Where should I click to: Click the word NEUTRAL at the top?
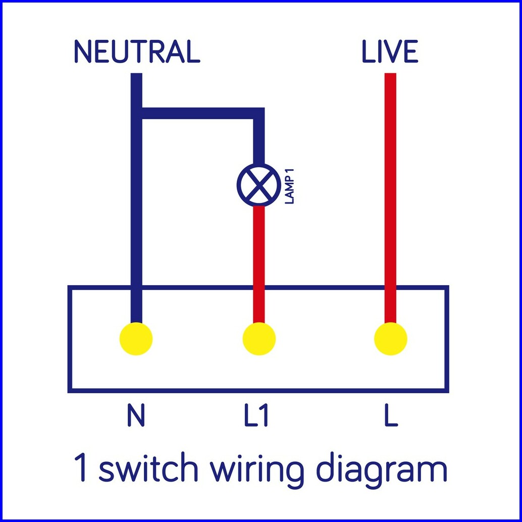coord(137,51)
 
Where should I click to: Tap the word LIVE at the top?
coord(390,51)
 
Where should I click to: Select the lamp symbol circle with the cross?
coord(258,184)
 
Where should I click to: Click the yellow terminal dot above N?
coord(136,339)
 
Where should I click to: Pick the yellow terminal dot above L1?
coord(259,339)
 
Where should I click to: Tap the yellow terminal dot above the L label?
coord(390,339)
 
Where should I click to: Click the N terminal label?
coord(136,415)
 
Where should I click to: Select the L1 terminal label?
coord(257,415)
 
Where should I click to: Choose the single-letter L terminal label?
coord(390,415)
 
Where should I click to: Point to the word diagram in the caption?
coord(382,469)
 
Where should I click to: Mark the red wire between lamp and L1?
coord(259,263)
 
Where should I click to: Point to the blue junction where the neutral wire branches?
coord(137,114)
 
